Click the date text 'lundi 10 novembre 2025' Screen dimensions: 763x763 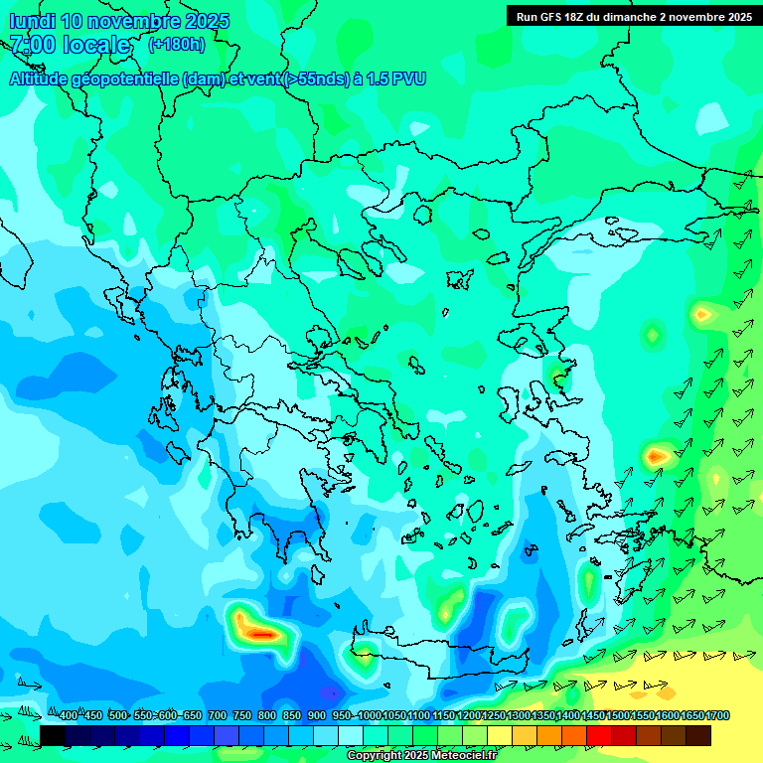[119, 21]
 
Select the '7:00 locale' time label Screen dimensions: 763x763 [70, 45]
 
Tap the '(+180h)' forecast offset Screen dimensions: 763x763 [177, 44]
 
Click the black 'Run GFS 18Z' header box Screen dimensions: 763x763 [634, 16]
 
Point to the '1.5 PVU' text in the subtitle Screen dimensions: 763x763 [395, 78]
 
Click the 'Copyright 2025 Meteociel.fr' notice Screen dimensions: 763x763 [422, 756]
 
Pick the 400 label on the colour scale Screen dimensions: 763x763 [68, 716]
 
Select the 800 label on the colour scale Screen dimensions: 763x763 [266, 716]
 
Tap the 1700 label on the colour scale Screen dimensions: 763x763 [717, 716]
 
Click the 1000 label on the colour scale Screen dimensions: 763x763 [369, 716]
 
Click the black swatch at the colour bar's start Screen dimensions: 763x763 [53, 735]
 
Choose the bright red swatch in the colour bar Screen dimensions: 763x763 [599, 735]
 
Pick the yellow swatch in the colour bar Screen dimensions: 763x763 [500, 735]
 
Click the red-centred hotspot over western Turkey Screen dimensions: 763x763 [656, 456]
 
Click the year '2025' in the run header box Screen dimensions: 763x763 [736, 16]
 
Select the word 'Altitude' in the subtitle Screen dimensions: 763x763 [40, 78]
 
